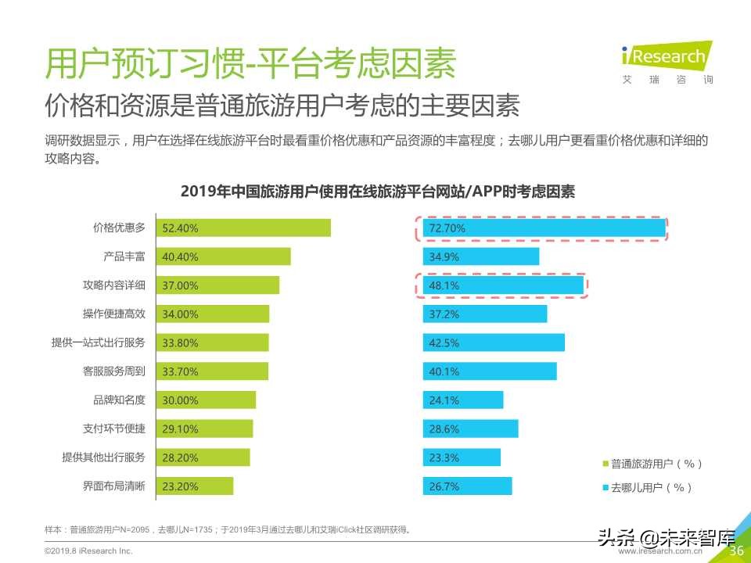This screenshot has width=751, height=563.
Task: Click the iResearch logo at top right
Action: click(x=667, y=59)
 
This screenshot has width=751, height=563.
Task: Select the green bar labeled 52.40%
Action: click(x=243, y=228)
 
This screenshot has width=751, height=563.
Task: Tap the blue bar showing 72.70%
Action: click(x=544, y=228)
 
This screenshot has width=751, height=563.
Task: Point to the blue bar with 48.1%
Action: click(x=503, y=285)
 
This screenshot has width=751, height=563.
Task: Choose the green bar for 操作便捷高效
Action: click(x=213, y=314)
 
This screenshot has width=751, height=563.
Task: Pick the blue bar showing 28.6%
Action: click(x=470, y=429)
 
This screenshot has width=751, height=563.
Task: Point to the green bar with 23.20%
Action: click(x=195, y=486)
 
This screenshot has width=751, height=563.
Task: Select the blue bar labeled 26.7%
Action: click(x=467, y=486)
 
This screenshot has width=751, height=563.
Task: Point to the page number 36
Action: click(x=735, y=550)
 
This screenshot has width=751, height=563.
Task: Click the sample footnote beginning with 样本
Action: click(x=227, y=529)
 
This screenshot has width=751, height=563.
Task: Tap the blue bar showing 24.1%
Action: click(x=462, y=400)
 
